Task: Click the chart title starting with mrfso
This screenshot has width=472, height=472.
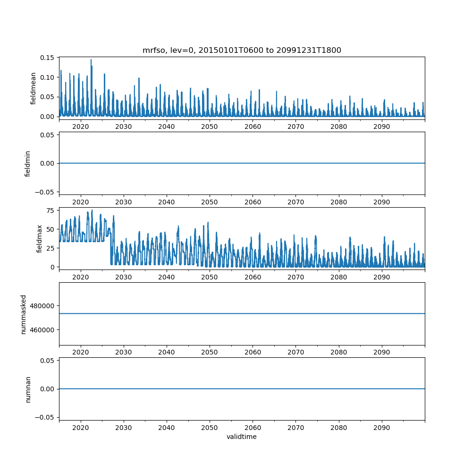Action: (242, 50)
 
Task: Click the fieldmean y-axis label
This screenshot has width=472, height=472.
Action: (34, 88)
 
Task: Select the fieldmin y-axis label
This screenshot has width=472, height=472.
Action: (27, 163)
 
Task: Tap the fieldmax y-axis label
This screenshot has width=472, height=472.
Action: (39, 238)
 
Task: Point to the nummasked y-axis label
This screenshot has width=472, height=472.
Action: (23, 313)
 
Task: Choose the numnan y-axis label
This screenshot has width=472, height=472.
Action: (27, 389)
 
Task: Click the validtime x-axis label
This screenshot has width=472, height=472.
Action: (242, 437)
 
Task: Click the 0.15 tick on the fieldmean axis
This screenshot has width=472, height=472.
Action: (48, 58)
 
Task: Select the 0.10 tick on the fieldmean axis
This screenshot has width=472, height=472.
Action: (48, 77)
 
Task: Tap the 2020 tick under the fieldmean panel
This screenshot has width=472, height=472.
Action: (81, 127)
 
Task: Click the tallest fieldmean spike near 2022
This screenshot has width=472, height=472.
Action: (91, 60)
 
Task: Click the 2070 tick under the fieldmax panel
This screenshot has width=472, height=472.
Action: (295, 277)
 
